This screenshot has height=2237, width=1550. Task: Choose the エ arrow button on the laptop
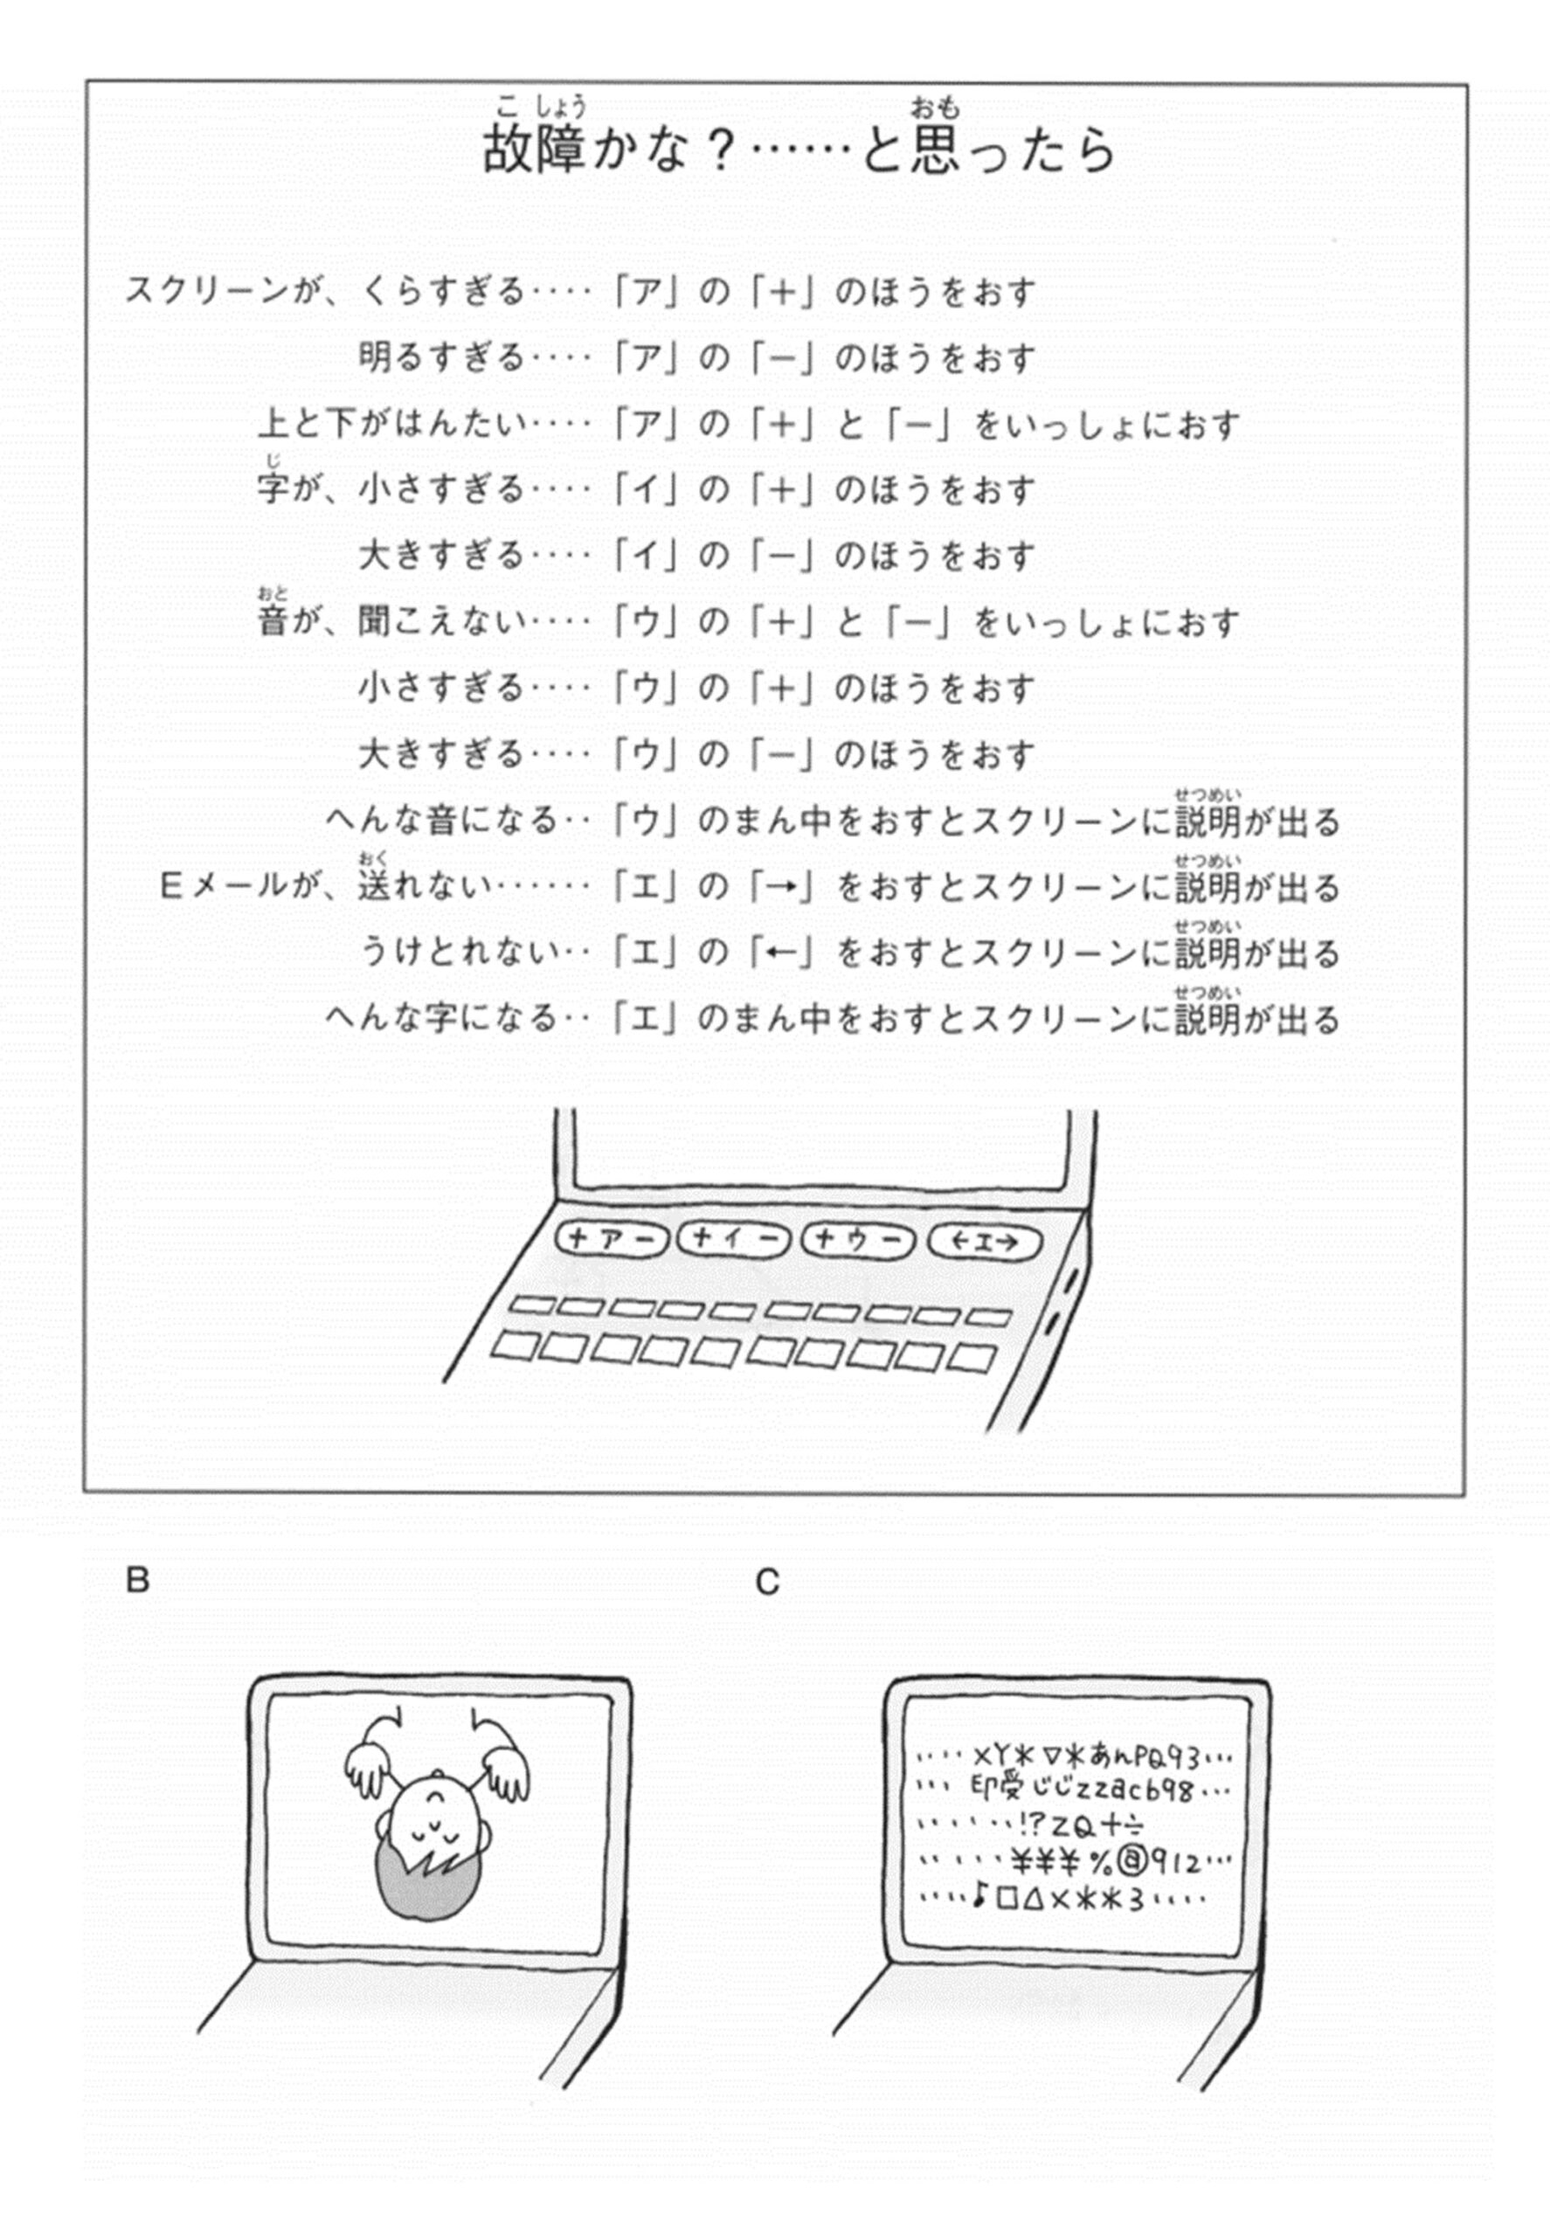click(984, 1242)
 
